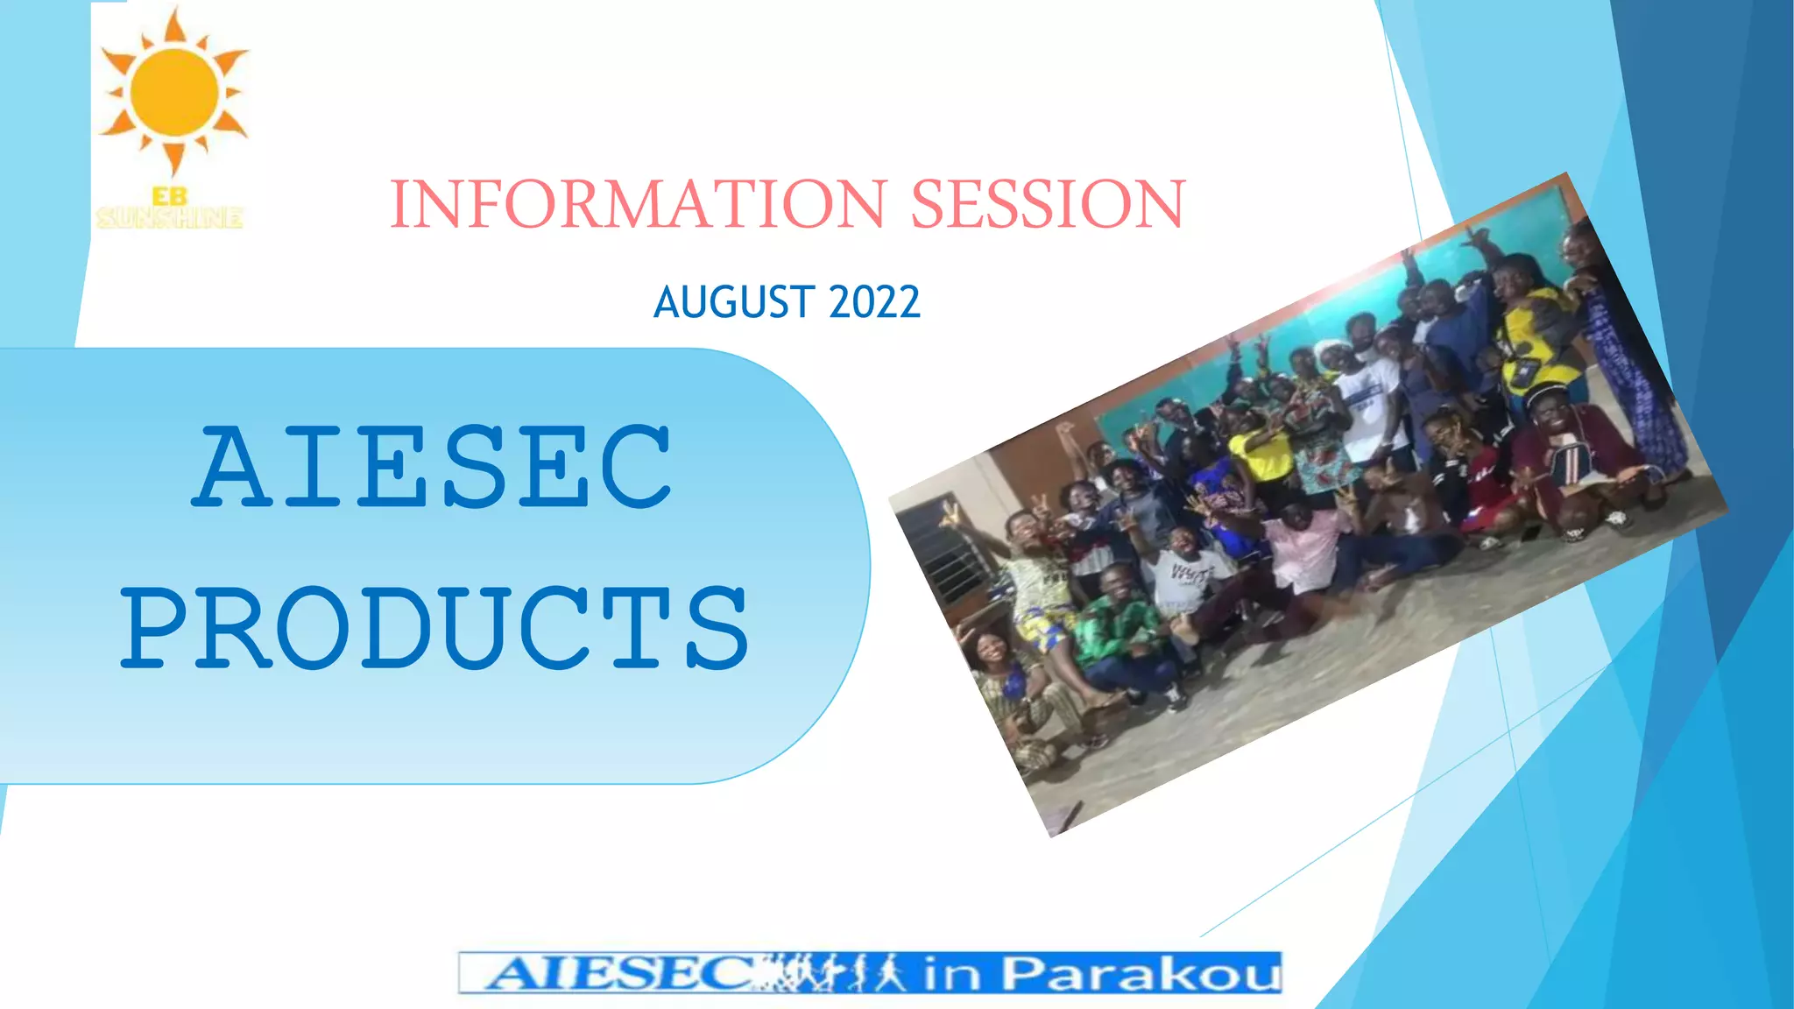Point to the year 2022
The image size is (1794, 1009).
(873, 303)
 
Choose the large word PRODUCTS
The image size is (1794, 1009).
(434, 629)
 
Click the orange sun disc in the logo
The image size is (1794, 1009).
(174, 91)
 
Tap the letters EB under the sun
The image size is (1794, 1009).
(169, 197)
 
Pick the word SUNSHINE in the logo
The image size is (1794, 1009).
(169, 217)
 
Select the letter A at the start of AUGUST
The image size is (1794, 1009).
(667, 303)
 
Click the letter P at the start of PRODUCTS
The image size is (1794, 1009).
(156, 629)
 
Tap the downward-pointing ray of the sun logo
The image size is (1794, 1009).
(174, 159)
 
